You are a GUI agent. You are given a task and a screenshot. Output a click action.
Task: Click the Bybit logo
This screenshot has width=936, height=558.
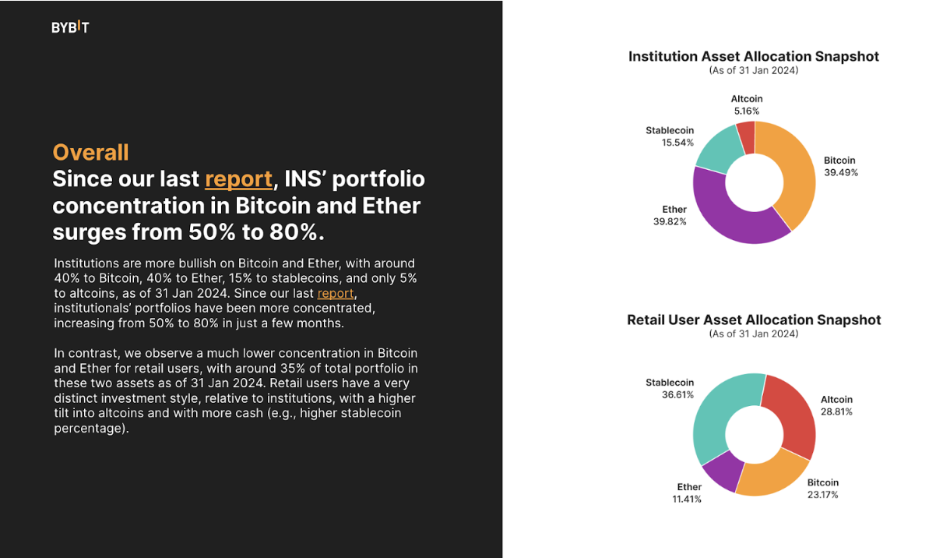[x=70, y=27]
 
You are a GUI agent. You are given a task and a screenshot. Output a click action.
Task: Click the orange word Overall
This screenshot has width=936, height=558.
[x=90, y=152]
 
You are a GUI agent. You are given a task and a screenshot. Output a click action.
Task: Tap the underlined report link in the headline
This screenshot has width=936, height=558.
[x=238, y=179]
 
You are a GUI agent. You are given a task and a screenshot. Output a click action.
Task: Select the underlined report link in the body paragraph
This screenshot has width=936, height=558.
[x=336, y=294]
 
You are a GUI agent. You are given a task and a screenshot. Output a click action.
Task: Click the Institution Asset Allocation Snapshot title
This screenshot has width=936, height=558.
[x=753, y=57]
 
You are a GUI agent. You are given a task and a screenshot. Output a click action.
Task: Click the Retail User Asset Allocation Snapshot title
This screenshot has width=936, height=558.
[x=753, y=320]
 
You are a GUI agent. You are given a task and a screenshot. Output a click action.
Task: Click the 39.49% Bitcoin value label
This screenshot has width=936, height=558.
[x=841, y=173]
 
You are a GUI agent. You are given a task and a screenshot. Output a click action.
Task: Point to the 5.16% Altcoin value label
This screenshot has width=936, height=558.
[x=746, y=111]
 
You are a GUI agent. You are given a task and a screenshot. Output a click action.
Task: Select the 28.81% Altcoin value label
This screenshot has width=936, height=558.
[x=836, y=411]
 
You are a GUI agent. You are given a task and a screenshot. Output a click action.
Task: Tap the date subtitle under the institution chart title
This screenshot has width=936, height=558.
[x=753, y=70]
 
